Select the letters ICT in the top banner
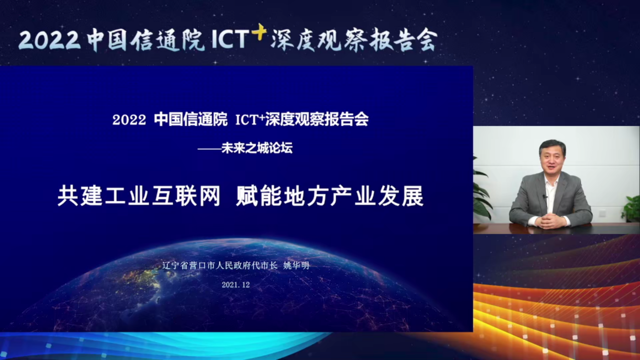coord(230,40)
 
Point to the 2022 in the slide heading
coord(129,120)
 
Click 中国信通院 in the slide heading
coord(190,120)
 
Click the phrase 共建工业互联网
coord(139,197)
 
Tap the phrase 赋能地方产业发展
coord(330,197)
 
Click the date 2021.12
coord(235,284)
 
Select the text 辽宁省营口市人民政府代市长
coord(220,266)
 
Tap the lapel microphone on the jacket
coord(545,197)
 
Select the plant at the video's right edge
coord(632,208)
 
